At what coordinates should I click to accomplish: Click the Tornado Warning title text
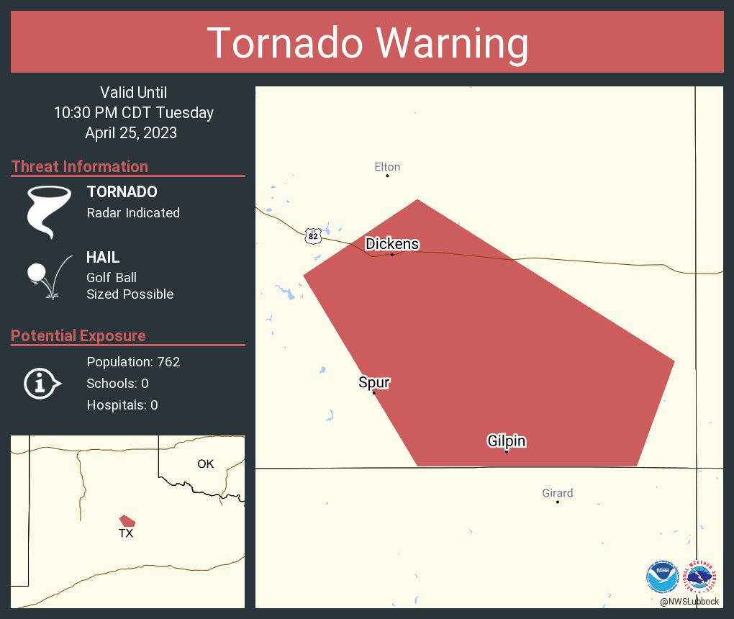[367, 43]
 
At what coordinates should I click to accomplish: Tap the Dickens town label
[392, 244]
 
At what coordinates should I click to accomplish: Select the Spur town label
[374, 382]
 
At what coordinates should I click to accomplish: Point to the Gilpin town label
[507, 441]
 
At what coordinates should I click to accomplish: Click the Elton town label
[387, 167]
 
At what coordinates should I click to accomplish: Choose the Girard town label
[558, 493]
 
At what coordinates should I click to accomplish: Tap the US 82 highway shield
[312, 236]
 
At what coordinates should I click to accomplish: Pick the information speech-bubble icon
[42, 384]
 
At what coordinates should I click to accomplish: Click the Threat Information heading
[80, 166]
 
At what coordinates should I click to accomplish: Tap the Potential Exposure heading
[78, 335]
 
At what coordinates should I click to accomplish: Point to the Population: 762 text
[133, 361]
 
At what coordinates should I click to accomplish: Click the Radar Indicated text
[133, 213]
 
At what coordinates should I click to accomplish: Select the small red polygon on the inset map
[127, 520]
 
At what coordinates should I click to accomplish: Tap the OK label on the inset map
[206, 464]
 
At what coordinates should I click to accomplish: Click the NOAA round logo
[662, 576]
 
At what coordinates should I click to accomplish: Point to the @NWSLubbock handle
[689, 601]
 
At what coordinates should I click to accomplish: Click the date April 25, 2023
[131, 132]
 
